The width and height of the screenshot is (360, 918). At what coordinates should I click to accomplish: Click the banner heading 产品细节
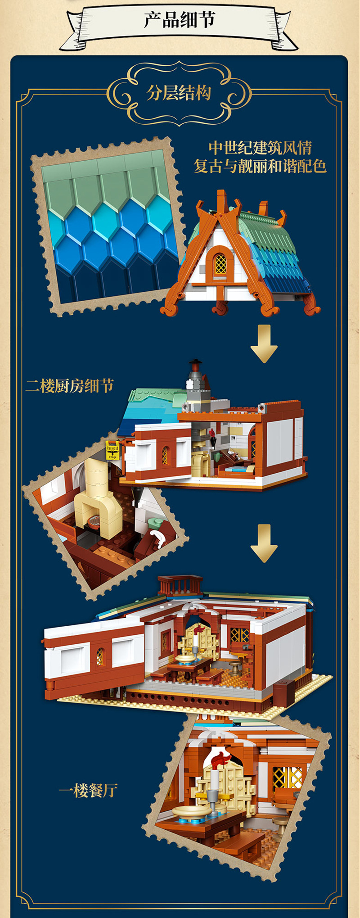tap(180, 20)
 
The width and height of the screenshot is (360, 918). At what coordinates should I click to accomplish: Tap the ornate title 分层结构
tap(179, 93)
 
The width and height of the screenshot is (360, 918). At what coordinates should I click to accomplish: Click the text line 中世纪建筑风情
tap(260, 148)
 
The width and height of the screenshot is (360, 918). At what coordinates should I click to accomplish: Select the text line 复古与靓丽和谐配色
tap(260, 166)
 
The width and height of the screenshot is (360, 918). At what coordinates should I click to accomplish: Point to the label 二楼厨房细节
tap(70, 386)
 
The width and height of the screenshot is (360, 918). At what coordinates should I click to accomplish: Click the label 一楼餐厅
tap(88, 791)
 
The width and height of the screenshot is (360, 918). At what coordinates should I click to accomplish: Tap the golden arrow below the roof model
tap(264, 344)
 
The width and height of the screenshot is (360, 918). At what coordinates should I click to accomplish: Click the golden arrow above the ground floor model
tap(264, 543)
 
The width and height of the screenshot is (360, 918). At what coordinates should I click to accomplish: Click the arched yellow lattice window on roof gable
tap(220, 263)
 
